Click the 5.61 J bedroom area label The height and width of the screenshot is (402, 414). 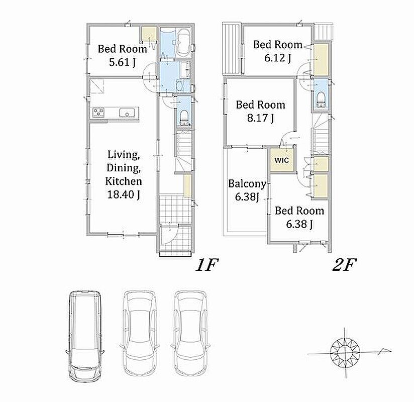click(x=122, y=62)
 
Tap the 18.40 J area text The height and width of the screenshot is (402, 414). click(x=124, y=194)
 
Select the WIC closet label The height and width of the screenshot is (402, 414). click(x=281, y=160)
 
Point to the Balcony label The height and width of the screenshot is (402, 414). click(x=247, y=184)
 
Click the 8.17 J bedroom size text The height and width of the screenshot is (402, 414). click(x=260, y=118)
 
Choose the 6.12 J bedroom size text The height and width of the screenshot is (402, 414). click(x=277, y=58)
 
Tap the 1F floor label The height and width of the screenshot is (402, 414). click(x=207, y=265)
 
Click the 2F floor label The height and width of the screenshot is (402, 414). click(x=344, y=265)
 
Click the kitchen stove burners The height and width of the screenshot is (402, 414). click(x=98, y=113)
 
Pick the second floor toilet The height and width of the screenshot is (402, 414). click(x=321, y=99)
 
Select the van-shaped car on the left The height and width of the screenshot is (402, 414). click(x=85, y=336)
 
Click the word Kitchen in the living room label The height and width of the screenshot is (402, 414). click(x=124, y=181)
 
